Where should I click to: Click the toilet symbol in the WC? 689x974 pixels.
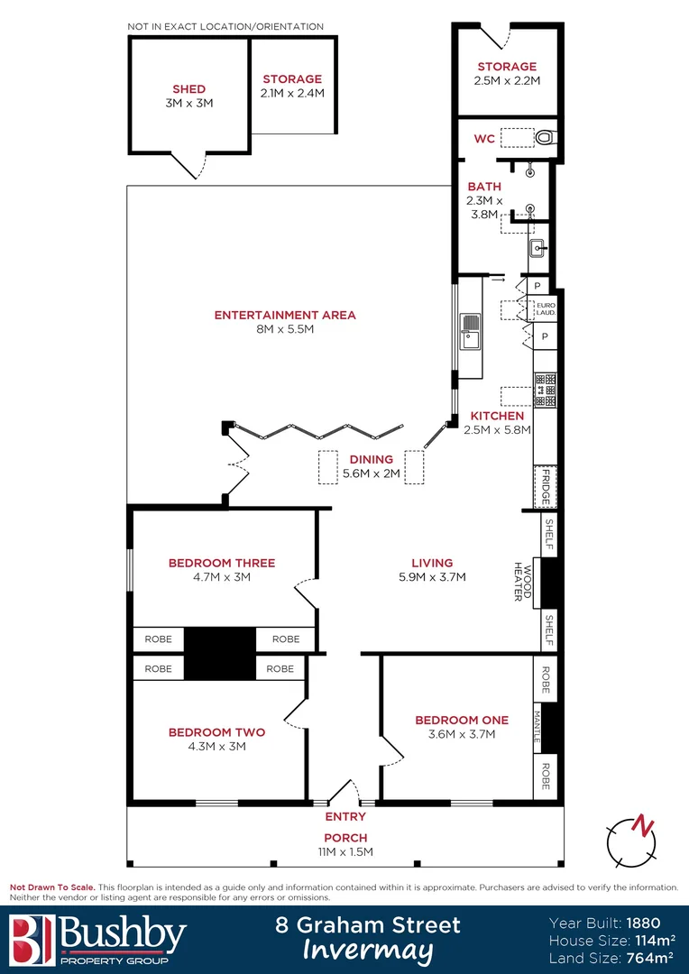[x=545, y=138]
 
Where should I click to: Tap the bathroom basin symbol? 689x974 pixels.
[x=537, y=248]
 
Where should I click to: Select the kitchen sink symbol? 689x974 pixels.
[x=471, y=331]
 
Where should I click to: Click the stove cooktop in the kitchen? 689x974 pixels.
[x=545, y=391]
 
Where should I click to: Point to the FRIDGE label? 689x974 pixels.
[x=544, y=487]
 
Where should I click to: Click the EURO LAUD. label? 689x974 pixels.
[x=546, y=309]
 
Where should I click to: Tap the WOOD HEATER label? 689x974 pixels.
[x=524, y=582]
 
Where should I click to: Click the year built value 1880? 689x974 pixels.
[x=643, y=923]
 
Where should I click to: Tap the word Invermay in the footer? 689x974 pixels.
[x=367, y=951]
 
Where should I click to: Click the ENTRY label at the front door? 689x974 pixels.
[x=345, y=816]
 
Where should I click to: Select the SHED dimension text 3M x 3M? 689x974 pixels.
[x=189, y=103]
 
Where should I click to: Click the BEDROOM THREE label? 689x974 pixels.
[x=222, y=563]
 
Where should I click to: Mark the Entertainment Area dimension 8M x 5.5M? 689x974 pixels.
[x=284, y=329]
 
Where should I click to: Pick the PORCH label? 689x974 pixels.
[x=345, y=838]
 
